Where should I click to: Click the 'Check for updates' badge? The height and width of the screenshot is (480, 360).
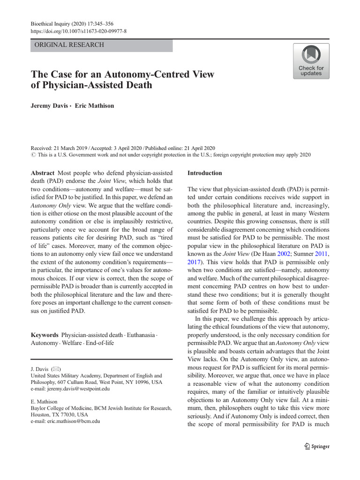(x=311, y=61)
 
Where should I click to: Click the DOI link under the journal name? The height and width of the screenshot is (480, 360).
(x=78, y=31)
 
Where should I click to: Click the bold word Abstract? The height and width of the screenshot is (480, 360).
(x=43, y=173)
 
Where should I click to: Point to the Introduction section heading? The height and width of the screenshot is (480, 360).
(x=204, y=173)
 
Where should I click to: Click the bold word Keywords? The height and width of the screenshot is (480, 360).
(x=45, y=335)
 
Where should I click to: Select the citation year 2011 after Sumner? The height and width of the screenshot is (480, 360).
(x=322, y=254)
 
